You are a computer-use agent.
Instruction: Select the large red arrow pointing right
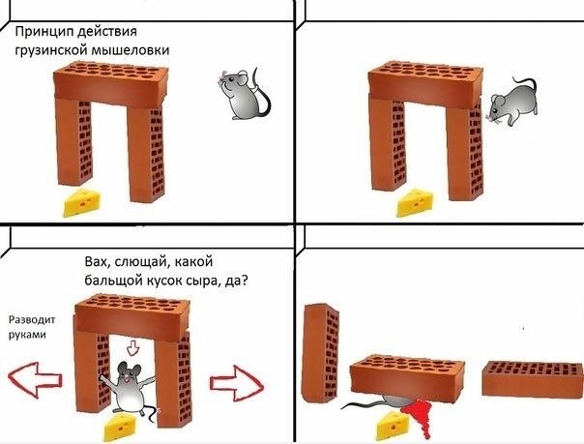(236, 378)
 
